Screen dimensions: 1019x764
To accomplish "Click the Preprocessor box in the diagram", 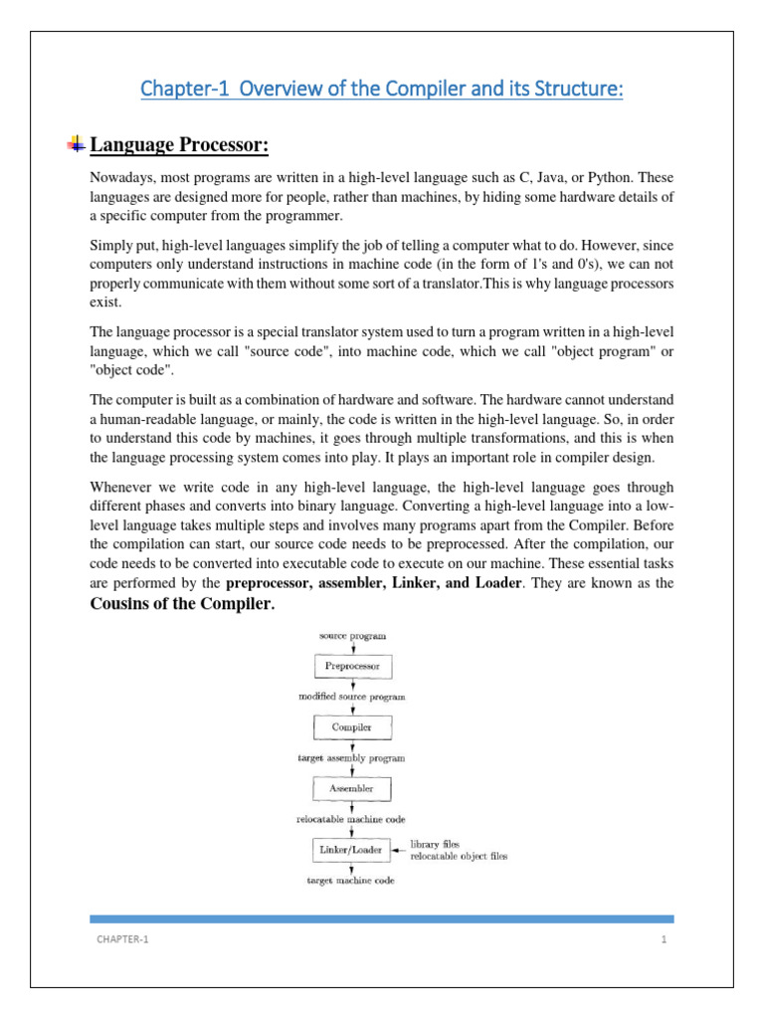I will pos(353,666).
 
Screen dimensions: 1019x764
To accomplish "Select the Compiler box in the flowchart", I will pos(353,727).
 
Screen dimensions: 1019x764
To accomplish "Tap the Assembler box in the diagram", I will pos(353,789).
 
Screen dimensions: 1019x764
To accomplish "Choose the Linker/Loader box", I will pos(353,850).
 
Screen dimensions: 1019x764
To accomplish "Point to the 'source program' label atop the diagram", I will pos(352,635).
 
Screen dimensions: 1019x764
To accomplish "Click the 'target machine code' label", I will pos(352,881).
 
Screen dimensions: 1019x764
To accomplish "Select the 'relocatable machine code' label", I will pos(352,819).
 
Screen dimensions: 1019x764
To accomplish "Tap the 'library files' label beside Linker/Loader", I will pos(436,844).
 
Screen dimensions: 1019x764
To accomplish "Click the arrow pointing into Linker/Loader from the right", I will pos(400,851).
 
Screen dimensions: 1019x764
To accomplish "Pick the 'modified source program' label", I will pos(352,697).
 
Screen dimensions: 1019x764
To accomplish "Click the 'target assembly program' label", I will pos(352,758).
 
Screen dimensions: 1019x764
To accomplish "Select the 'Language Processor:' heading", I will pos(180,146).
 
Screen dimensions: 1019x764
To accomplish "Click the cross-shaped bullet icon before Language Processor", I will pos(76,146).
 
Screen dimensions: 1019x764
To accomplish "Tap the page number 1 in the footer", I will pos(661,939).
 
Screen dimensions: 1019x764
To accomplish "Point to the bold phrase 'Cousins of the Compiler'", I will pos(181,604).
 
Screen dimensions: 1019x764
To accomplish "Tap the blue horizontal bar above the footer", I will pos(382,918).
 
